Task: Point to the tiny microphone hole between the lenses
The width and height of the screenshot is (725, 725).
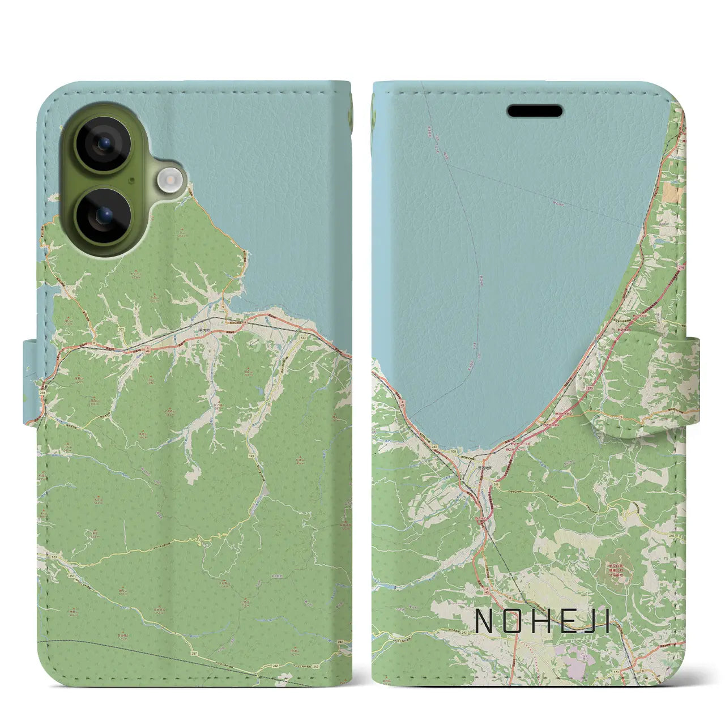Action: (131, 181)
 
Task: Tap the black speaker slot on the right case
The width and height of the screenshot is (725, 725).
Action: (535, 111)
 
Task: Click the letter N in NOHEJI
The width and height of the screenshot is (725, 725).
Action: (485, 621)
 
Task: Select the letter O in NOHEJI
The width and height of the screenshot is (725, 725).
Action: (513, 621)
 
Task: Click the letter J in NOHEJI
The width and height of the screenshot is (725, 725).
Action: (589, 621)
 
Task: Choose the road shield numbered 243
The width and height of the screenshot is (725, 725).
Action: (434, 447)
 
